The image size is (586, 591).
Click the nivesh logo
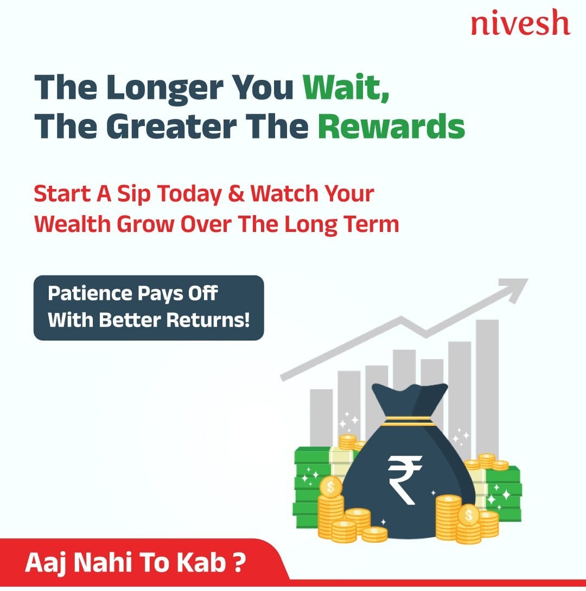coord(520,23)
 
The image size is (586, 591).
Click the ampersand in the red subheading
coord(235,194)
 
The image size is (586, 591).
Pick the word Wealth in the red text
coord(72,224)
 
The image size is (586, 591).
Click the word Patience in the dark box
coord(90,293)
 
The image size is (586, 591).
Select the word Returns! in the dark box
coord(208,320)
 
